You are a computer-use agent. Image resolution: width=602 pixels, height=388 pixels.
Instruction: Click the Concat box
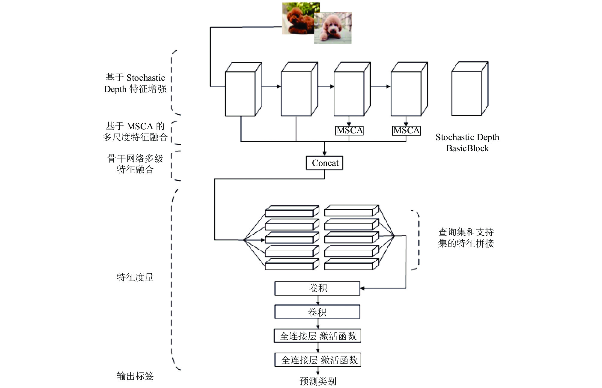pos(324,163)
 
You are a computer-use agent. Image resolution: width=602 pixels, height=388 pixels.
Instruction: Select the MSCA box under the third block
pos(349,131)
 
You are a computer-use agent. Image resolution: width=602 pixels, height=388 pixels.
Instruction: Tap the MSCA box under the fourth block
pos(407,131)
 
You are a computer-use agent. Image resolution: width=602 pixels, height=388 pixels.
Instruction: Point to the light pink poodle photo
pos(333,28)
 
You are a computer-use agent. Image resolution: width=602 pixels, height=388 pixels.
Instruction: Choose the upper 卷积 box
pos(317,288)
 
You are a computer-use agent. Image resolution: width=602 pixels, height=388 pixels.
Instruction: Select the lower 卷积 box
pos(317,312)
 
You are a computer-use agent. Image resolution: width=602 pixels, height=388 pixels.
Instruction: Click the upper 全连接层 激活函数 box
pos(317,336)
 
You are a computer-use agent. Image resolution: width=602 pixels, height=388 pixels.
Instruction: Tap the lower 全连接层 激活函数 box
pos(318,360)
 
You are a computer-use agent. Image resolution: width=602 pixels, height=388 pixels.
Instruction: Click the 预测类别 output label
pos(318,381)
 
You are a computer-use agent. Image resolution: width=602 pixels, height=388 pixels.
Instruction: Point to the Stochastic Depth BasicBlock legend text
pos(467,143)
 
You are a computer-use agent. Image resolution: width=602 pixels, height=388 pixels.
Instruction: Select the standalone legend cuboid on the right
pos(470,89)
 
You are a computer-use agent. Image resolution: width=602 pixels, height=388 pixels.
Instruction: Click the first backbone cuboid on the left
pos(244,89)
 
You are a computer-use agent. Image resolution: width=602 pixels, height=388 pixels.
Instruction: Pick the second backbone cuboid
pos(299,89)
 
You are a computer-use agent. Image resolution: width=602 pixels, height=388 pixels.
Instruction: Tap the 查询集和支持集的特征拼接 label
pos(466,238)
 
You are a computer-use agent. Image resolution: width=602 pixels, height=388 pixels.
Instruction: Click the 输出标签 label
pos(135,376)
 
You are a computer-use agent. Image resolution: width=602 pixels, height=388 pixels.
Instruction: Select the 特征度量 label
pos(135,277)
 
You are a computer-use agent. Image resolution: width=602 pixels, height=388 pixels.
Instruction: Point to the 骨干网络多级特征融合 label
pos(135,164)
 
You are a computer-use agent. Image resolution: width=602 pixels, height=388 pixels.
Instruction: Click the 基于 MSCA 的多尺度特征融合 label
pos(135,131)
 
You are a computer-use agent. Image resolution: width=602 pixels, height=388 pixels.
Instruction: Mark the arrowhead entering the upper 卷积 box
pos(362,288)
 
